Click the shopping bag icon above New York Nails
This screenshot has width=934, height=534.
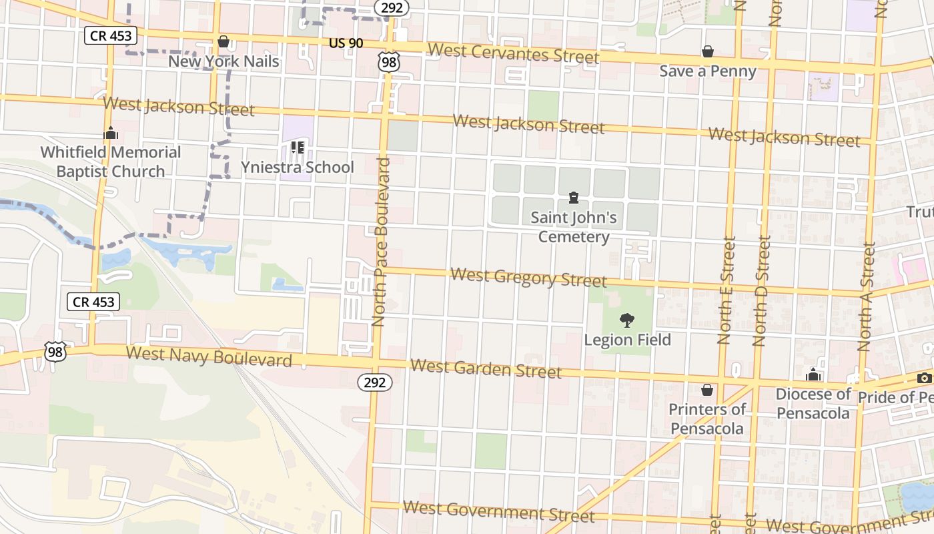click(x=223, y=42)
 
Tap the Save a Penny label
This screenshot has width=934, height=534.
click(x=708, y=71)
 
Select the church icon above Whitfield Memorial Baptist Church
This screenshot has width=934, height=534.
click(x=111, y=133)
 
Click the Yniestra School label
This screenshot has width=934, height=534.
click(x=297, y=167)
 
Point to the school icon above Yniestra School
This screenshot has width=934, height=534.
click(x=297, y=148)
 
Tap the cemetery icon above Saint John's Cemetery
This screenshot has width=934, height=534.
click(x=573, y=198)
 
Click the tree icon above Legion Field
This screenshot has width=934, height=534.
click(x=626, y=320)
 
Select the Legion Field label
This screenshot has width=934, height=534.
click(x=627, y=340)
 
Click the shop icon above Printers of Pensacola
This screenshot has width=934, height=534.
click(x=707, y=389)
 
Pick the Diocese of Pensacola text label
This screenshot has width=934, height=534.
click(x=813, y=403)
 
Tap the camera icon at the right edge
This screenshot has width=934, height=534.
click(x=925, y=378)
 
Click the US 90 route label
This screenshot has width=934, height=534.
click(x=346, y=43)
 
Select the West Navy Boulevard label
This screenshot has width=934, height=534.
click(x=209, y=356)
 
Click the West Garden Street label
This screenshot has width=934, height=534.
click(x=486, y=368)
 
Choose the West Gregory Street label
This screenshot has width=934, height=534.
click(x=528, y=277)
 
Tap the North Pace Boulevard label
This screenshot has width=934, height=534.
click(x=380, y=242)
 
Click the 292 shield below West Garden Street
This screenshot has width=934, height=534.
click(x=375, y=382)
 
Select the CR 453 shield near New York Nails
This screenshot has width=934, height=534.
click(x=111, y=35)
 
